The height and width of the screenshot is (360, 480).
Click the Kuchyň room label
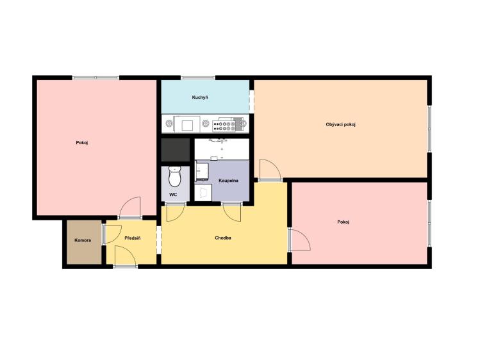point(200,97)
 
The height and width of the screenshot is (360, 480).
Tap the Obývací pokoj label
point(341,124)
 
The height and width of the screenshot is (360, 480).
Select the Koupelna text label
point(228,181)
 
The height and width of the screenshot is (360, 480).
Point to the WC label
point(173,195)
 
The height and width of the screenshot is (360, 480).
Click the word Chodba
point(223,238)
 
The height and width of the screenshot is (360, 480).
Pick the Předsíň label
point(133,238)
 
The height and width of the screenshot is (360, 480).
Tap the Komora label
point(83,240)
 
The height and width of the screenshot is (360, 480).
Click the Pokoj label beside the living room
point(343,222)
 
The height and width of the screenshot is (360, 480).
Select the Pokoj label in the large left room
point(82,143)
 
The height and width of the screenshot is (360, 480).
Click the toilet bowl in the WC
point(175,177)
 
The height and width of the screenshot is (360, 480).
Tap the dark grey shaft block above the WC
point(176,150)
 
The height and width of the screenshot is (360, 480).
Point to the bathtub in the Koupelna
point(222,149)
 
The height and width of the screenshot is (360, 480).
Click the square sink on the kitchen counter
point(186,124)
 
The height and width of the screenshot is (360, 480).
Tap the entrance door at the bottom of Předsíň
point(125,256)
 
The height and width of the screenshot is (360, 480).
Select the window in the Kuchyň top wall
point(198,78)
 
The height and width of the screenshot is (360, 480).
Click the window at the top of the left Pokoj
point(95,78)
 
